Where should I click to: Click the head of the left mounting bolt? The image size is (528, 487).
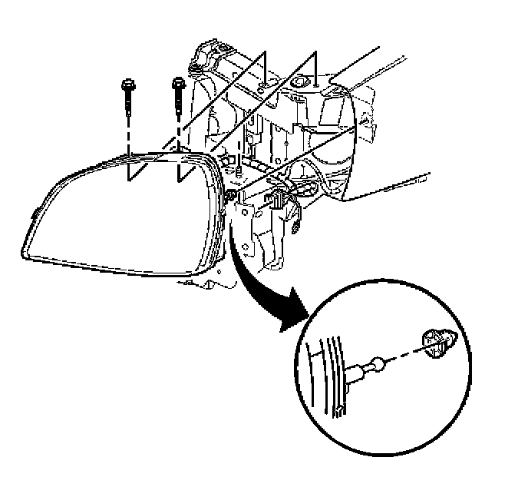click(x=125, y=83)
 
